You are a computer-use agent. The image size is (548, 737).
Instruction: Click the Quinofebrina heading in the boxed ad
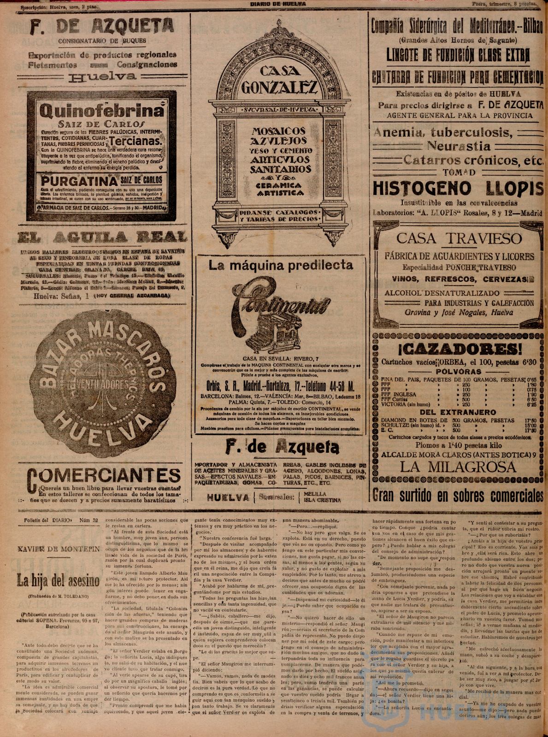102,111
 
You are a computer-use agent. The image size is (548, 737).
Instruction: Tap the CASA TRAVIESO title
459,239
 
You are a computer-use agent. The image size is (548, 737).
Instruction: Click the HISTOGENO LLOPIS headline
458,188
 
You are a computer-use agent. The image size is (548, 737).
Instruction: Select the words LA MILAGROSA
458,467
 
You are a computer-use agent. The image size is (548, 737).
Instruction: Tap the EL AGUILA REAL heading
102,237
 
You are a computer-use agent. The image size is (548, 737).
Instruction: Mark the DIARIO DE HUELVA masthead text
278,3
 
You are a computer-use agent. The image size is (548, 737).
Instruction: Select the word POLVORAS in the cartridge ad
458,371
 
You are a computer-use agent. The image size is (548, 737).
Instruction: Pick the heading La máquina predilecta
281,265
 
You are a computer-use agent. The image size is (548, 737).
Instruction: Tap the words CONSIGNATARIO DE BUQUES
102,41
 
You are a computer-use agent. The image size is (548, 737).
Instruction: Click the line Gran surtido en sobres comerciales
458,495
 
